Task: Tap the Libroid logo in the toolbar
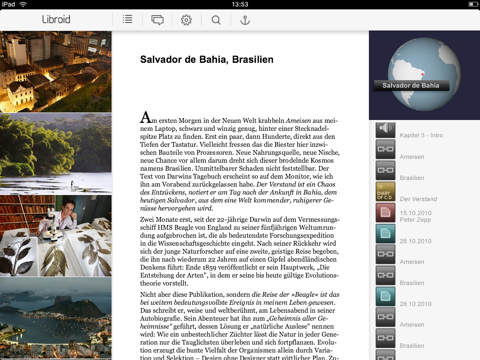(56, 20)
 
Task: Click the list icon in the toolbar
(127, 20)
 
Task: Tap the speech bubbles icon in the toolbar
(157, 20)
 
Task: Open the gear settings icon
(187, 20)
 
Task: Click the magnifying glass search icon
(216, 20)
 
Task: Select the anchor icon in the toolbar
(245, 20)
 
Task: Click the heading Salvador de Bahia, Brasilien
(207, 60)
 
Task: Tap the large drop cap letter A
(145, 117)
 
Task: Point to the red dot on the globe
(422, 74)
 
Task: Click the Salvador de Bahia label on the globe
(411, 85)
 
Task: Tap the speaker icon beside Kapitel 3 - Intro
(385, 129)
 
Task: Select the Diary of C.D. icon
(385, 192)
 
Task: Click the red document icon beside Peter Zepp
(385, 213)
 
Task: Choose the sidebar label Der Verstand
(418, 199)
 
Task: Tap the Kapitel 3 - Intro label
(421, 135)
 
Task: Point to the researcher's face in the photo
(70, 207)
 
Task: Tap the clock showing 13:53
(240, 4)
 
